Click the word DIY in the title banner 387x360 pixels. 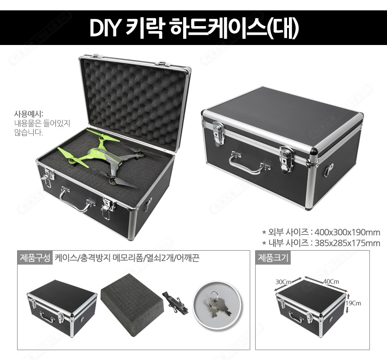105,27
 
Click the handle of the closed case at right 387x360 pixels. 249,163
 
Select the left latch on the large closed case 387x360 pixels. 218,133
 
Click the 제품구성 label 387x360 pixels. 35,258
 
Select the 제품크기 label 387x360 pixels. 273,258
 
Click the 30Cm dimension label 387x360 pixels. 283,282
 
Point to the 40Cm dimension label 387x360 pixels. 331,281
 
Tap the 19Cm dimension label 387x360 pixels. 353,303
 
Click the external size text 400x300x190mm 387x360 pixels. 347,233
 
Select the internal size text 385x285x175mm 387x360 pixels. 347,243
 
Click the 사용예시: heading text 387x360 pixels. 29,114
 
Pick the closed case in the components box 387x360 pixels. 62,308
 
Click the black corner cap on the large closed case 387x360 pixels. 314,150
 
